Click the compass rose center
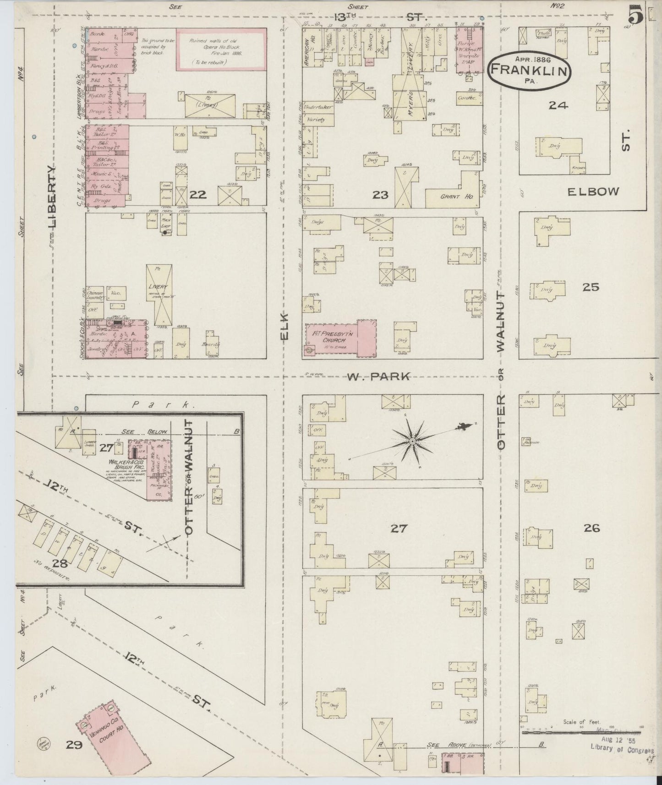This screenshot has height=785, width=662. pos(412,441)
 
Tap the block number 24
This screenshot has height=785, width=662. pos(558,105)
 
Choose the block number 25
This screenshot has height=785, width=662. pos(591,287)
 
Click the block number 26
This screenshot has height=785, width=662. pos(591,528)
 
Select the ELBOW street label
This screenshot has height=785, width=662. pos(593,191)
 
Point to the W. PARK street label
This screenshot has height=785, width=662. pos(378,376)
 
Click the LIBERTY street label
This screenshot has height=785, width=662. pos(54,197)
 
